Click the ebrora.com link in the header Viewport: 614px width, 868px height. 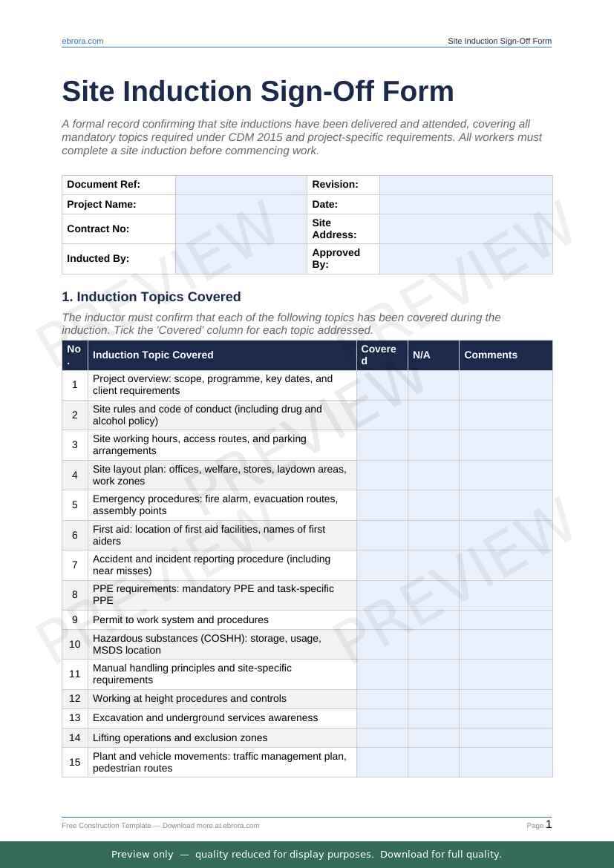pyautogui.click(x=82, y=42)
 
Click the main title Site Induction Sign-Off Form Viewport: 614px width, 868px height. pyautogui.click(x=258, y=91)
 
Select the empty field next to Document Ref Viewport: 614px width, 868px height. pyautogui.click(x=241, y=185)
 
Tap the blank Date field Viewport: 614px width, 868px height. pyautogui.click(x=466, y=204)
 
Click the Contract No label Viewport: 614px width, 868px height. pyautogui.click(x=98, y=228)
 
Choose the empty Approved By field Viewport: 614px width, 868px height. pyautogui.click(x=466, y=259)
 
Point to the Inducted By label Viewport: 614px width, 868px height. pyautogui.click(x=98, y=259)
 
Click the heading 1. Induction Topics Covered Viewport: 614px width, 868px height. pyautogui.click(x=151, y=297)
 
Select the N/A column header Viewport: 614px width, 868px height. pyautogui.click(x=422, y=355)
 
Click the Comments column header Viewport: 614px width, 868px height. pyautogui.click(x=491, y=355)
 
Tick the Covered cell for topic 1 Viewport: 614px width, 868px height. pyautogui.click(x=382, y=385)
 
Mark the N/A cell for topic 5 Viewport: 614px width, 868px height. pyautogui.click(x=433, y=505)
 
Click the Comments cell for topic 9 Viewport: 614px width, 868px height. pyautogui.click(x=505, y=619)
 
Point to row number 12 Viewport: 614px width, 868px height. pyautogui.click(x=75, y=698)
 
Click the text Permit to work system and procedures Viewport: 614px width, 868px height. pyautogui.click(x=180, y=619)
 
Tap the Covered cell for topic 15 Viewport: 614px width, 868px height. pyautogui.click(x=382, y=762)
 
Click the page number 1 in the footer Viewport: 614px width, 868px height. pyautogui.click(x=549, y=824)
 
